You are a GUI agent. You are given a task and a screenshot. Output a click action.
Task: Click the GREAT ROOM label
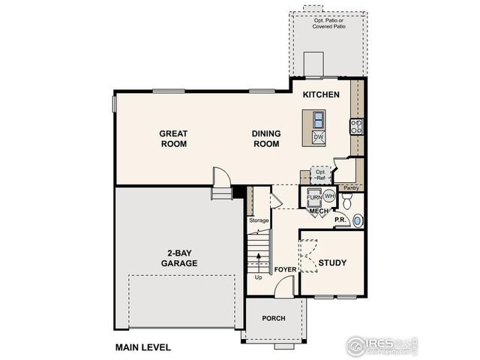[x=172, y=139]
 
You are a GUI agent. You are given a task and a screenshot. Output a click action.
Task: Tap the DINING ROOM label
[x=265, y=139]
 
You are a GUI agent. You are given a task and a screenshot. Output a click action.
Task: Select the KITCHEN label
[x=322, y=95]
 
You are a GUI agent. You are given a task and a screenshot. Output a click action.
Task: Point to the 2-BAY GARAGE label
[x=178, y=259]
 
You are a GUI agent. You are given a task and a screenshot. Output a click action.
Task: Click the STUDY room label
[x=331, y=262]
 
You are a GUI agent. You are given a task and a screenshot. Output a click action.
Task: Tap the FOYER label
[x=286, y=268]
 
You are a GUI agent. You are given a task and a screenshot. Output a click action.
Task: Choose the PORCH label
[x=274, y=318]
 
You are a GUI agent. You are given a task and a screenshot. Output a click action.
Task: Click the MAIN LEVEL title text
[x=142, y=347]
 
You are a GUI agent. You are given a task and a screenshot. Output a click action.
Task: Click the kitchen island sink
[x=318, y=120]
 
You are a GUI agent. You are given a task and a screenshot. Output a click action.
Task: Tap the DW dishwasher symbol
[x=318, y=137]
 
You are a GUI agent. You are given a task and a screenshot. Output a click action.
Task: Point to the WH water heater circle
[x=328, y=196]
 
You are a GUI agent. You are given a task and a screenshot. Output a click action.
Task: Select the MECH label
[x=319, y=211]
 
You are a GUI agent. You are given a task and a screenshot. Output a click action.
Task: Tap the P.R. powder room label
[x=339, y=220]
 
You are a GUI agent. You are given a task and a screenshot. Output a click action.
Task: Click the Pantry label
[x=349, y=187]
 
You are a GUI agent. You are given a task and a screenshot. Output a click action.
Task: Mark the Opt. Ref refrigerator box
[x=321, y=175]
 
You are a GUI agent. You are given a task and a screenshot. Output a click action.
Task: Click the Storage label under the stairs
[x=259, y=220]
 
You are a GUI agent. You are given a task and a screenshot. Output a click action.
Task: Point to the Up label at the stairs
[x=259, y=277]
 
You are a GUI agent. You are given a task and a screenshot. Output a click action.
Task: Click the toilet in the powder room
[x=347, y=200]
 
